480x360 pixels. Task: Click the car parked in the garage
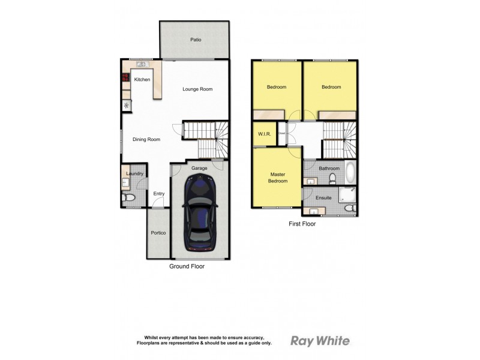(x=199, y=216)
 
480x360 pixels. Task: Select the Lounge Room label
(x=197, y=89)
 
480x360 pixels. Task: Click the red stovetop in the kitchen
(x=127, y=77)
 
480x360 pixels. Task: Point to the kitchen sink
(x=142, y=64)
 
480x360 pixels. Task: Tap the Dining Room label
(x=146, y=140)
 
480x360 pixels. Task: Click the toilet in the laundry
(x=128, y=197)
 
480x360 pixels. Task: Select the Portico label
(x=158, y=233)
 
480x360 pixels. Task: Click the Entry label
(x=158, y=193)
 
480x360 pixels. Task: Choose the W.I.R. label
(x=264, y=134)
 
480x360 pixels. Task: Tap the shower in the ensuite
(x=347, y=194)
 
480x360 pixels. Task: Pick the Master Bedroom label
(x=277, y=178)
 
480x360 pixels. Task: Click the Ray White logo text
(x=320, y=341)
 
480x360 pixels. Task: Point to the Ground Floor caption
(x=187, y=266)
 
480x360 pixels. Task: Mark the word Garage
(x=199, y=168)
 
